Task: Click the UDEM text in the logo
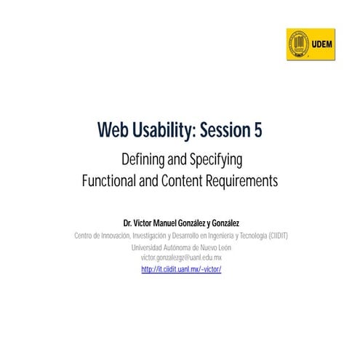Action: tap(321, 44)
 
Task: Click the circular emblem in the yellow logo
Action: tap(298, 44)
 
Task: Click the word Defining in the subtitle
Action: tap(145, 159)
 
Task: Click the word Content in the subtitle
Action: tap(187, 181)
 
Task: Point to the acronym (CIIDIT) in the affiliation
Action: tap(271, 235)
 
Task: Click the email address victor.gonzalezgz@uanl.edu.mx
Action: tap(180, 258)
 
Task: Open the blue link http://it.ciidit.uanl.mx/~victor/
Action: tap(180, 269)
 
